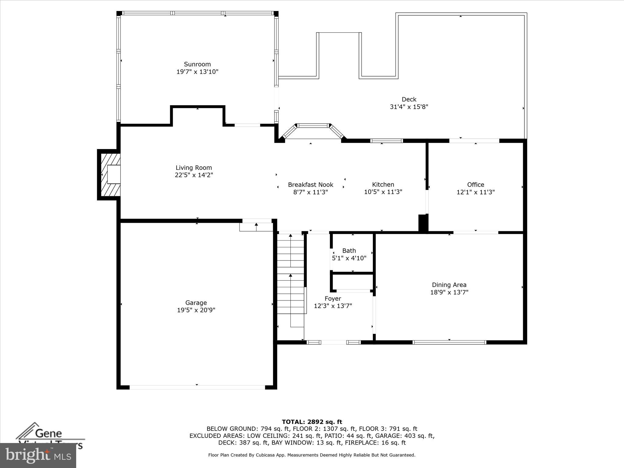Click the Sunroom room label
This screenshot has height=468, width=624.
pos(197,64)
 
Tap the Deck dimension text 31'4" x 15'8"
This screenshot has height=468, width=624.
pos(409,107)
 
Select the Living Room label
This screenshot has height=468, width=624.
pos(193,168)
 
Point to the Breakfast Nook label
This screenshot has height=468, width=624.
pos(310,185)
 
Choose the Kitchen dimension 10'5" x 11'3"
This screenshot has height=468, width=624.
pos(383,192)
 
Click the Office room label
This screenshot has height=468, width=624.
pos(475,185)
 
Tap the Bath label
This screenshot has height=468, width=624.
pos(349,251)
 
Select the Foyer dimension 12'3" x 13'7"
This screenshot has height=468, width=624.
pos(333,306)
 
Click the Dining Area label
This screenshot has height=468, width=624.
pos(449,285)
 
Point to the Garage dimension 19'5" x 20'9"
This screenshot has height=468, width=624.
pos(196,310)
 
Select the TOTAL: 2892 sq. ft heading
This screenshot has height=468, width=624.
pos(312,422)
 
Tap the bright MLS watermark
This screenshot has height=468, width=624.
pos(38,455)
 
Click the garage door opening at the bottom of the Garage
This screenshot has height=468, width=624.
pos(197,387)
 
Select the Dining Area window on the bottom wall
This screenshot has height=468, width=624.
pos(449,342)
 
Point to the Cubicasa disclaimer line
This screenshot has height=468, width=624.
pos(312,455)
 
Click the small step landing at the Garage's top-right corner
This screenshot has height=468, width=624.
pos(256,227)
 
